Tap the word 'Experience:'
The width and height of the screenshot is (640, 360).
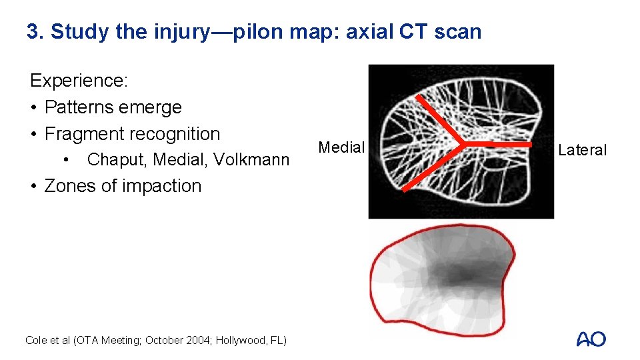click(79, 81)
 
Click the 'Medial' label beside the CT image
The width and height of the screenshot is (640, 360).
click(341, 147)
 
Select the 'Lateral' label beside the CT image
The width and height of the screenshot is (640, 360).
click(582, 150)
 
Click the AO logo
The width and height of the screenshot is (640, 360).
click(591, 339)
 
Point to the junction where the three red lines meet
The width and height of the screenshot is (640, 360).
click(462, 143)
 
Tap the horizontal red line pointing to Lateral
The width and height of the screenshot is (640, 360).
click(500, 143)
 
